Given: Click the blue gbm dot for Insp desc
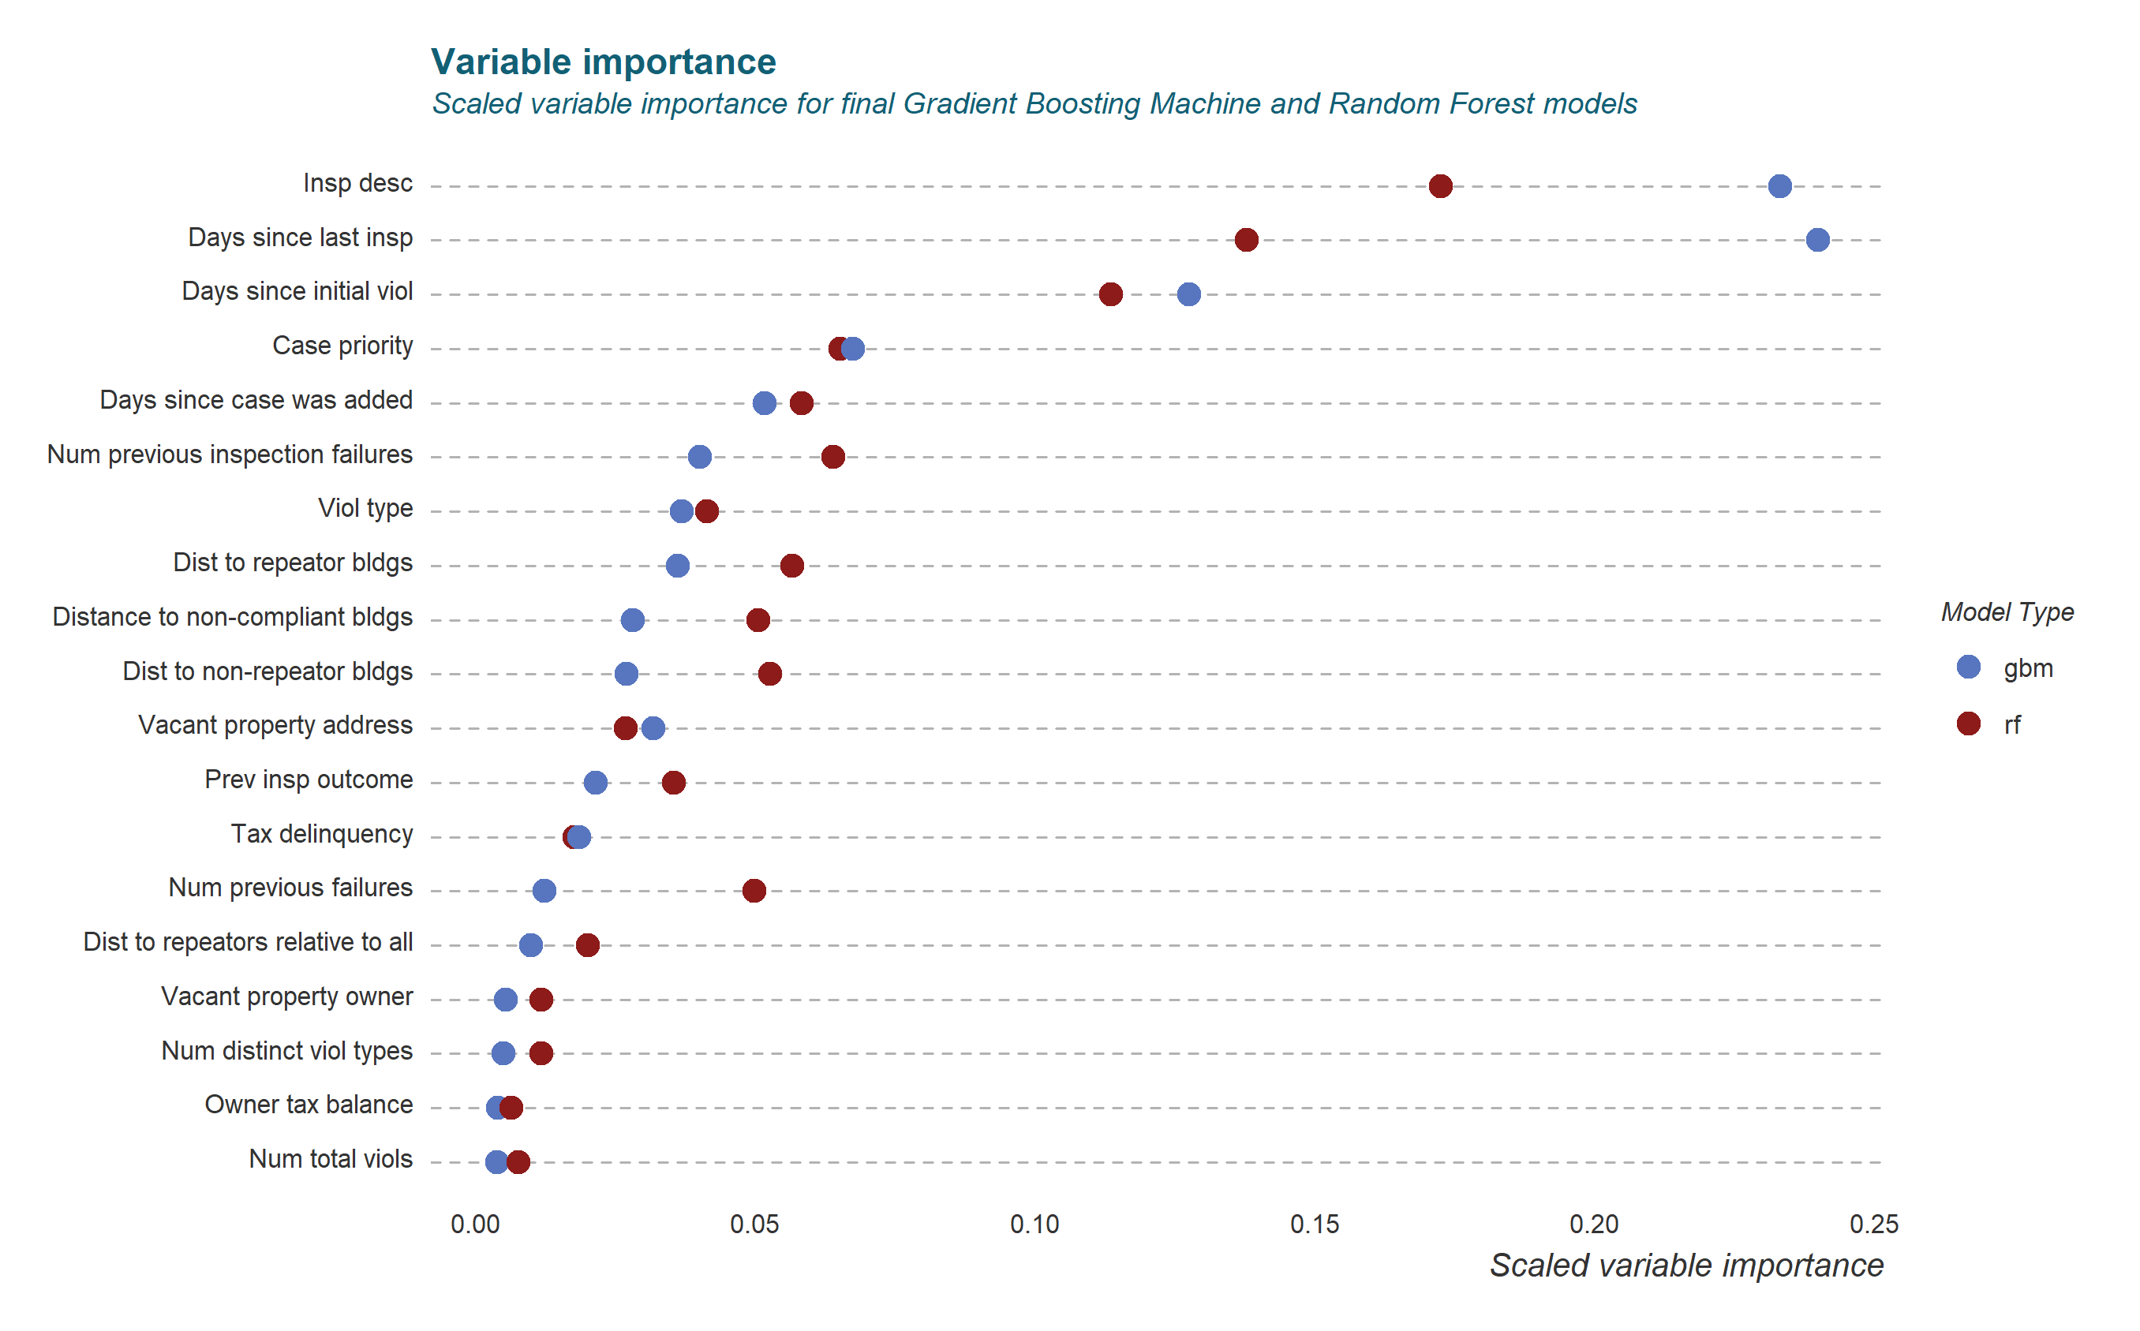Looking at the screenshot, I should pos(1779,185).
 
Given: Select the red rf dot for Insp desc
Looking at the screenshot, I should pos(1440,185).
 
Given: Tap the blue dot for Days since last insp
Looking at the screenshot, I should pos(1817,239).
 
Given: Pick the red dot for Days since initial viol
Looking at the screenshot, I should pos(1111,294).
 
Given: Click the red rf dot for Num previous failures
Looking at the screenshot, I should pos(754,890).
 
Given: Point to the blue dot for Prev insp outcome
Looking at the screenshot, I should pos(595,782).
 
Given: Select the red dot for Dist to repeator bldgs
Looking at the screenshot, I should pos(791,565).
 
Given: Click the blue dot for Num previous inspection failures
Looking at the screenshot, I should pos(699,457).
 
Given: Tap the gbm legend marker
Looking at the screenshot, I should pos(1968,667).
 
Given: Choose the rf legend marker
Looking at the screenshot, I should pos(1968,723).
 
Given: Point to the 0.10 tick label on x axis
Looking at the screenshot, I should pos(1034,1224).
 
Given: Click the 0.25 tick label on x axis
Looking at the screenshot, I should pos(1873,1224).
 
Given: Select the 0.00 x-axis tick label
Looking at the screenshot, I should pos(474,1224).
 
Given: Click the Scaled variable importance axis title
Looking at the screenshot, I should pos(1685,1265).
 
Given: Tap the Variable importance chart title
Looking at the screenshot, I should pos(603,62).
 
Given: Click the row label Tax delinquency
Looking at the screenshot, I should pos(321,834).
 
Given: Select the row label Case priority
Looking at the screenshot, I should pos(342,345).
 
